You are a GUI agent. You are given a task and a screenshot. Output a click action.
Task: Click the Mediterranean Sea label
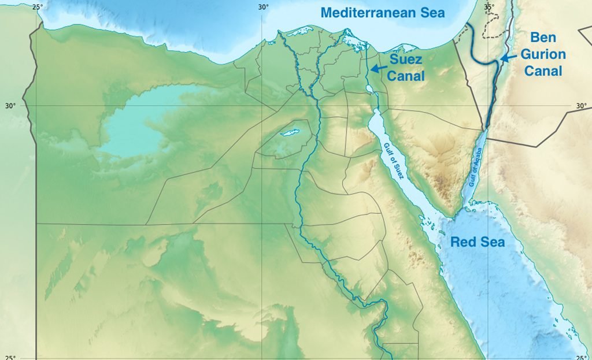(383, 12)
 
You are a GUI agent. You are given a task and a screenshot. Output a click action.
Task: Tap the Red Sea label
(478, 242)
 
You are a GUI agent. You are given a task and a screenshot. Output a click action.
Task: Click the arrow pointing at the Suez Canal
(379, 68)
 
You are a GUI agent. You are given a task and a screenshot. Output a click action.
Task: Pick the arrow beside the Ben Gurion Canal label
(506, 58)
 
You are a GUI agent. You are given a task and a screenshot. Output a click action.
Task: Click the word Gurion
(546, 54)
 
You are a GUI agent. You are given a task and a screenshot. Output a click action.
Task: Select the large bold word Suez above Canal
(406, 60)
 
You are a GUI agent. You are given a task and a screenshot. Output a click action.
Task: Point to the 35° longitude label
(489, 7)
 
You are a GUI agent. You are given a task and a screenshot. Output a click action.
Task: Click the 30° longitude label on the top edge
(264, 7)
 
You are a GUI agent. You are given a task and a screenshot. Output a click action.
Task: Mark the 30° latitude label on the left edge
(10, 106)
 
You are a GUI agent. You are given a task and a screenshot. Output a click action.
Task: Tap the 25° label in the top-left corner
(37, 7)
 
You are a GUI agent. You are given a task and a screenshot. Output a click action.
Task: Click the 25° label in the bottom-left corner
(10, 357)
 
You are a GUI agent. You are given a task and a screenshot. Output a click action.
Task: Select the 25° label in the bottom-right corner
(582, 357)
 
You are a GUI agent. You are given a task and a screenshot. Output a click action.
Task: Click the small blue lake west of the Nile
(288, 133)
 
